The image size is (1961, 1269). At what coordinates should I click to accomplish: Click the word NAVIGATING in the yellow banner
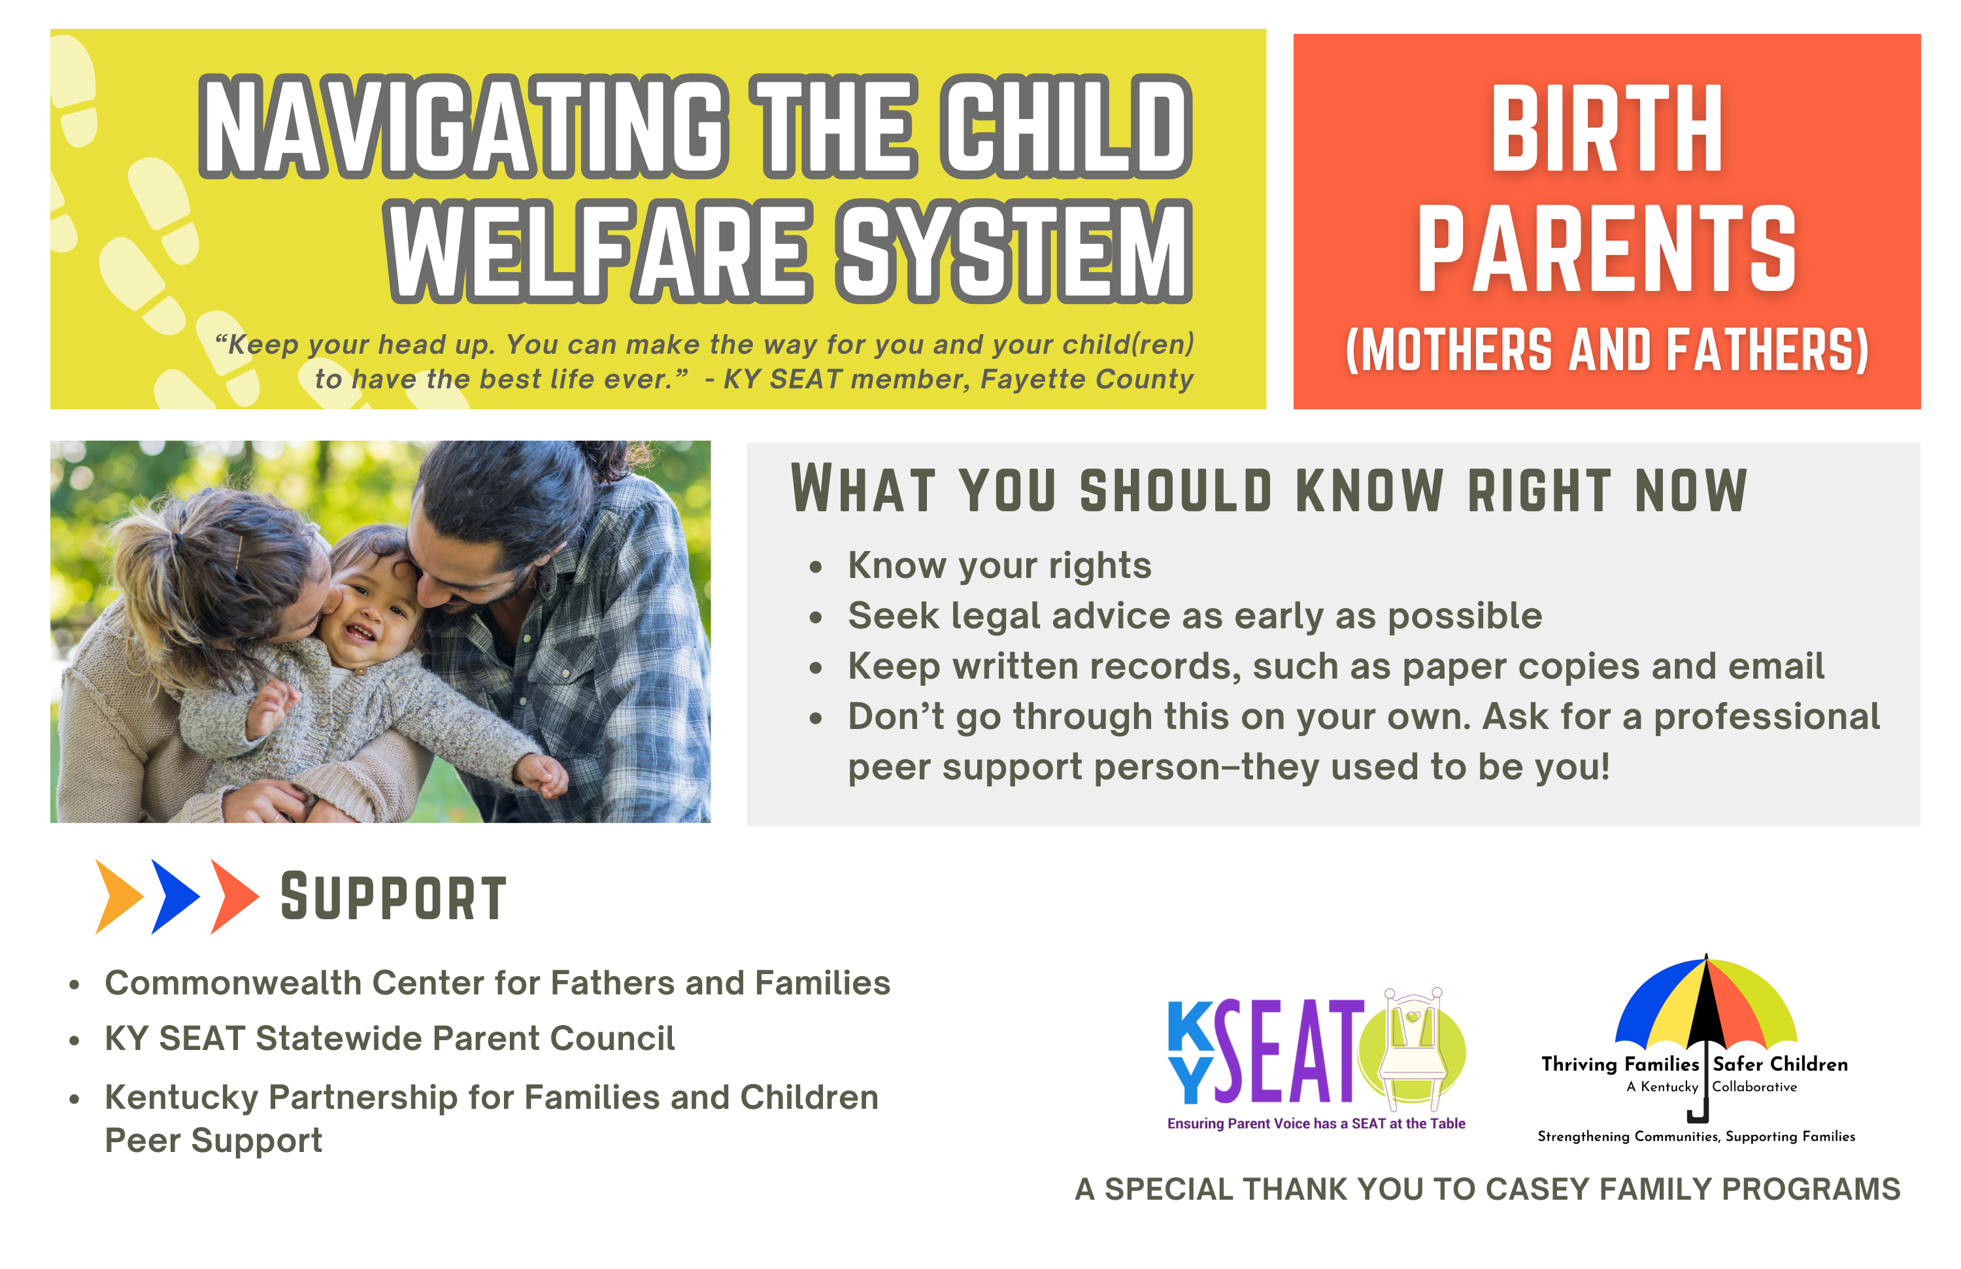tap(464, 126)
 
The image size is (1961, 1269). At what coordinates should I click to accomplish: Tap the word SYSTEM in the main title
tap(1014, 250)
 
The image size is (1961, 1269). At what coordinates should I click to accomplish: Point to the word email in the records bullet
tap(1775, 666)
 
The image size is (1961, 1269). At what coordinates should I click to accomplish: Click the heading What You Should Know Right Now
tap(1269, 490)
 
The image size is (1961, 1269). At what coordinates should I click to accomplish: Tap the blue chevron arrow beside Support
tap(175, 896)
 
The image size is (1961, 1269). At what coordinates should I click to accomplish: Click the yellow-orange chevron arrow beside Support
tap(120, 896)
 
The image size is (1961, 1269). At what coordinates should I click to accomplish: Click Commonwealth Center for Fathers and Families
tap(497, 983)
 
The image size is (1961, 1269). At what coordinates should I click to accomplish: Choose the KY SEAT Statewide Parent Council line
tap(390, 1038)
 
